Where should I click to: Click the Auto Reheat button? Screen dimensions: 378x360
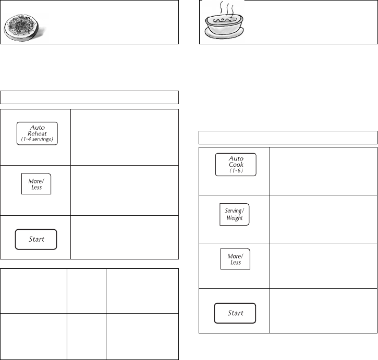36,133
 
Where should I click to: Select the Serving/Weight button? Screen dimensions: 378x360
235,214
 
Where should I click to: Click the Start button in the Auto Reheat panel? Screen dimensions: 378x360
36,239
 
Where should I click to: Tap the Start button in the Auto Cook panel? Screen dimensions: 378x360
235,314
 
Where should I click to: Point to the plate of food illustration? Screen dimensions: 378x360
24,27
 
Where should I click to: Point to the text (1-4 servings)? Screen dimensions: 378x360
36,141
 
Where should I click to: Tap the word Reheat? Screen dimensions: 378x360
36,133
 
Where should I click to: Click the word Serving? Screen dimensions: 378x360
233,210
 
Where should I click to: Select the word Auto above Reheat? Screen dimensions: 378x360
36,127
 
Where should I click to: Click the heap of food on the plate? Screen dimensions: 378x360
23,23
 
